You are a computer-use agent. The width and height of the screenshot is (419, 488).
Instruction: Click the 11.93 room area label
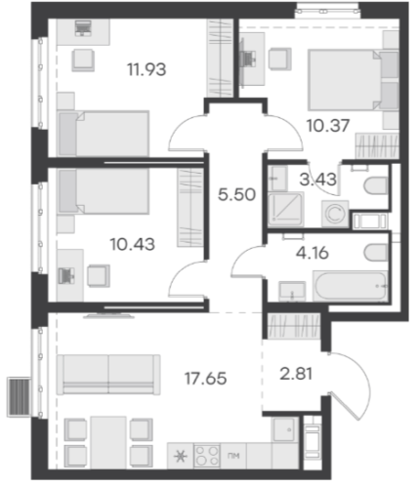147,69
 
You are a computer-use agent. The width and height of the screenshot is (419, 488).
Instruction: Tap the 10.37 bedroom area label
328,126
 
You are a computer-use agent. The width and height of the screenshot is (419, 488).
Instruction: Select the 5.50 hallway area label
236,195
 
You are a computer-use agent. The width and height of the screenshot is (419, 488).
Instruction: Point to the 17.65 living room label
205,379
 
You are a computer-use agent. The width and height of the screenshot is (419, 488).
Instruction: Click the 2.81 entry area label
296,374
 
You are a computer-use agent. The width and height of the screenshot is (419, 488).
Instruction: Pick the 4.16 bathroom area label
313,253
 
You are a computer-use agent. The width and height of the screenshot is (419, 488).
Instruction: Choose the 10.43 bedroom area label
133,244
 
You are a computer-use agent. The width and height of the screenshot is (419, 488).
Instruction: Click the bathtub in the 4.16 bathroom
351,286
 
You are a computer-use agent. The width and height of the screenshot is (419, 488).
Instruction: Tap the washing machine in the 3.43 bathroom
335,214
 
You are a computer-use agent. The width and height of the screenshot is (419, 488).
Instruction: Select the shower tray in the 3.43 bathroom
286,208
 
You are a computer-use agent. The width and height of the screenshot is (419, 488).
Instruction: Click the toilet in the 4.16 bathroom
377,253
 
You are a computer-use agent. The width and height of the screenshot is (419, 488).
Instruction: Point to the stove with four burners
207,456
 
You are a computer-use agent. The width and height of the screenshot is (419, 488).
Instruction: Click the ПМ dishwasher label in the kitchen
233,456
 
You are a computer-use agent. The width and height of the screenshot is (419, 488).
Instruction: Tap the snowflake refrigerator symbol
181,457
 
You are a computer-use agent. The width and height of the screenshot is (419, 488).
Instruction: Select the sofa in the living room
108,375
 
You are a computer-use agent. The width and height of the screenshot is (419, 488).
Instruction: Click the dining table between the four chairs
108,442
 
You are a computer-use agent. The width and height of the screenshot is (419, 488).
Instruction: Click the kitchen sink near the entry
285,429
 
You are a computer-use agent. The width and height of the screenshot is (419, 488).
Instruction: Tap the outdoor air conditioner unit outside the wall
20,397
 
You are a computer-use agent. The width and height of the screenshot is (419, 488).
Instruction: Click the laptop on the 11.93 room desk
83,27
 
